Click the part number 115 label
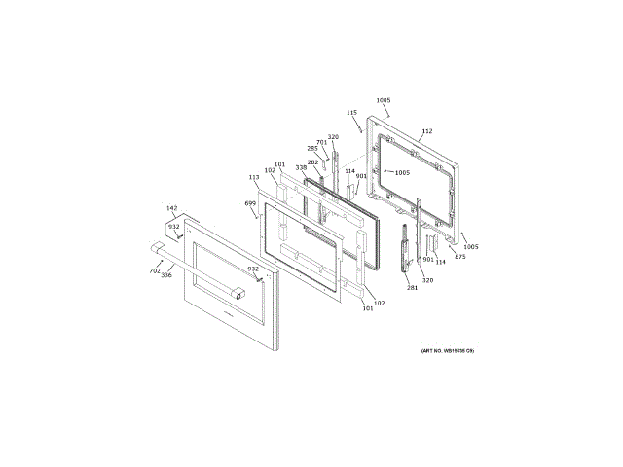point(352,113)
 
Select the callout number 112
point(426,131)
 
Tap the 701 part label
point(321,143)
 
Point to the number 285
point(311,149)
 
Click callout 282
point(312,162)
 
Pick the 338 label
point(301,168)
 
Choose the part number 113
point(254,178)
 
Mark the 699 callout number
point(250,203)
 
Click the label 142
point(172,208)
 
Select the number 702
point(154,270)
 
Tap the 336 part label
point(166,275)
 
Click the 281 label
point(412,287)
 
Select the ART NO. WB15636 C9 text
point(448,350)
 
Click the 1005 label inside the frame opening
point(402,173)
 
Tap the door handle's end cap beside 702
point(157,248)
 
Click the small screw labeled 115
point(361,128)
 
